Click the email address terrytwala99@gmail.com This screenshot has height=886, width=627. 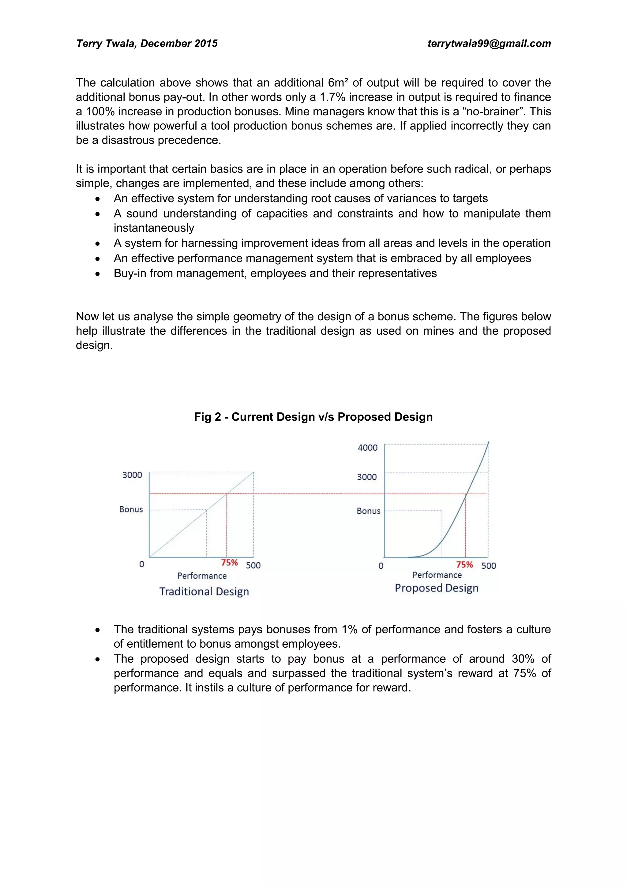(489, 44)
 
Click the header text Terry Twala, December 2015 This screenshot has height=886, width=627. (147, 44)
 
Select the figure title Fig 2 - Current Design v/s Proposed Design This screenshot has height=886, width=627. (313, 417)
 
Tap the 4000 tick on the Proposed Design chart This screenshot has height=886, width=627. (368, 448)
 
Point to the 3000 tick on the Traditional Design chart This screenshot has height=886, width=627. (132, 475)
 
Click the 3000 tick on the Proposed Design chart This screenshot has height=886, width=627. (366, 477)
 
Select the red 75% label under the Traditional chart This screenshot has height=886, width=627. (229, 563)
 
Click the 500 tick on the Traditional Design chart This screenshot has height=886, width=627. (253, 565)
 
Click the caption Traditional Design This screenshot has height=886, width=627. (204, 592)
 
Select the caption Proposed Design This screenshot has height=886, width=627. (436, 588)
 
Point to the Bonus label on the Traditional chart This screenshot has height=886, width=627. (131, 509)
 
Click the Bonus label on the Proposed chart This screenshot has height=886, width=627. (368, 511)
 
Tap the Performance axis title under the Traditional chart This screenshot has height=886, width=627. (202, 576)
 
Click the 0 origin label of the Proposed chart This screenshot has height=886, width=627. (381, 566)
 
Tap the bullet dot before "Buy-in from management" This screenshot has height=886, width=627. (98, 274)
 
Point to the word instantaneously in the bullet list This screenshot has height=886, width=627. (154, 228)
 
